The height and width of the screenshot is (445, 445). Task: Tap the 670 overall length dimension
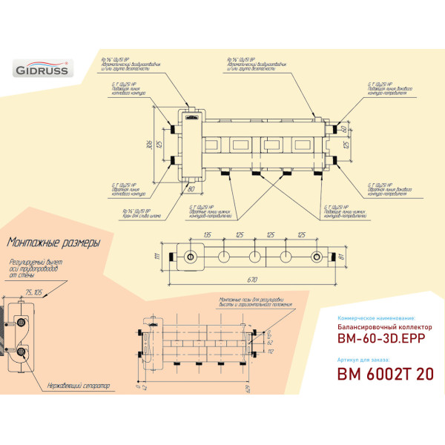coord(253,280)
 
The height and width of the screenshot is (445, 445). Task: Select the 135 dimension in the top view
coord(207,235)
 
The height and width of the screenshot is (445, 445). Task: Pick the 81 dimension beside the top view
coord(340,257)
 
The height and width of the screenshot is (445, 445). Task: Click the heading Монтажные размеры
coord(52,242)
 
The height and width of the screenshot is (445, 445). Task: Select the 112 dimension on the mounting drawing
coord(269,352)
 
